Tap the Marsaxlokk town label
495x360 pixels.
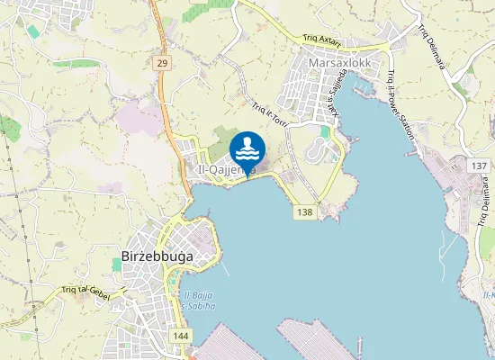[338, 64]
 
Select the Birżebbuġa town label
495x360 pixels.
[157, 256]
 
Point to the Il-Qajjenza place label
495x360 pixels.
[225, 169]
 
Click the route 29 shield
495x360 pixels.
[161, 62]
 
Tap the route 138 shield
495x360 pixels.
[304, 211]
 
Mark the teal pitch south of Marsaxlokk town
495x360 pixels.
[325, 131]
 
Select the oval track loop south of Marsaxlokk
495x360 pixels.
[317, 150]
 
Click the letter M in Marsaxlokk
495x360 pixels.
[312, 64]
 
